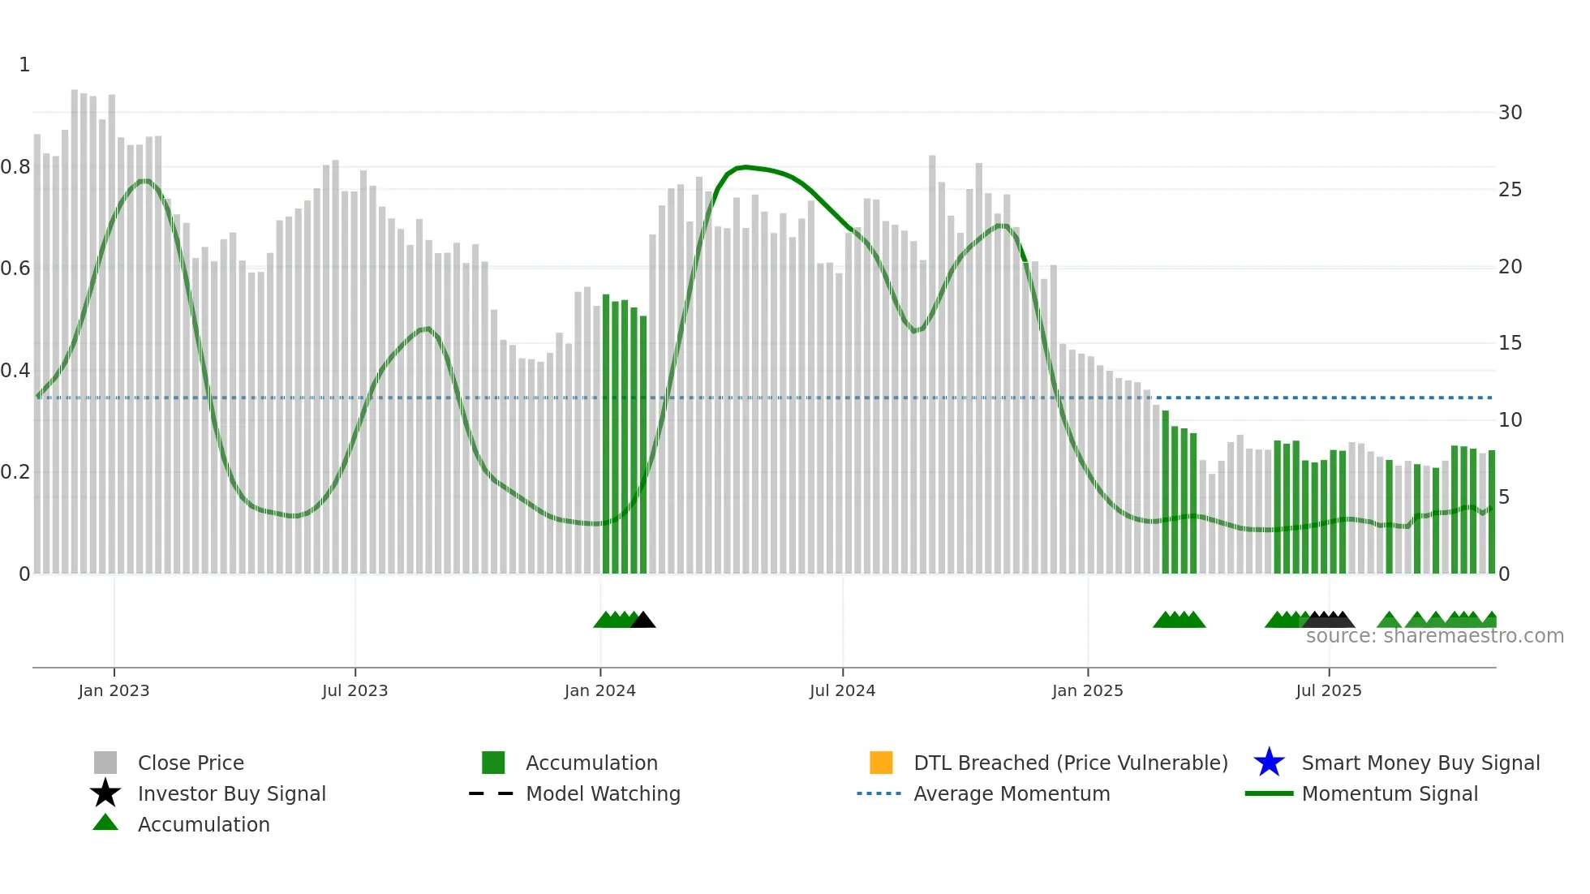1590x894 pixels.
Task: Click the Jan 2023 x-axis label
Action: [114, 690]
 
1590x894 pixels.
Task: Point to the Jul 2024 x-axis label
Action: [842, 690]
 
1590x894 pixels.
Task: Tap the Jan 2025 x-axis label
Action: [1087, 690]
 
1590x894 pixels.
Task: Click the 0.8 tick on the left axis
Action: [15, 167]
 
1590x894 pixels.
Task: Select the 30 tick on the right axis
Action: [1510, 113]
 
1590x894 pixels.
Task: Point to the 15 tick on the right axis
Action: [1510, 343]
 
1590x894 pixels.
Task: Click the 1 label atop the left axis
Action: [24, 65]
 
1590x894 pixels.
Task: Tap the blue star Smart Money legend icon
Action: [1269, 763]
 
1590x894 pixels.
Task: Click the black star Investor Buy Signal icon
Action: [105, 793]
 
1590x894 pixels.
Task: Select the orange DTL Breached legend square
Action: [881, 763]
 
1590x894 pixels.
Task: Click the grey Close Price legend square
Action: [105, 763]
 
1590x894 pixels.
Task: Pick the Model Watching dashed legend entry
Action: [492, 793]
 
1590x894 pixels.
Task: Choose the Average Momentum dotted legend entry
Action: [879, 793]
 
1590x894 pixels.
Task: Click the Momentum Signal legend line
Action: [1269, 793]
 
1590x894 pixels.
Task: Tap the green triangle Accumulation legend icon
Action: [105, 823]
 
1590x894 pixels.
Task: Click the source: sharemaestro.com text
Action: [1434, 636]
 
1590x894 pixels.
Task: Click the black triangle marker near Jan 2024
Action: [642, 621]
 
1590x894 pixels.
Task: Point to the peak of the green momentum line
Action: [745, 167]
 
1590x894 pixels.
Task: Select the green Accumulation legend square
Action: [493, 763]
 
